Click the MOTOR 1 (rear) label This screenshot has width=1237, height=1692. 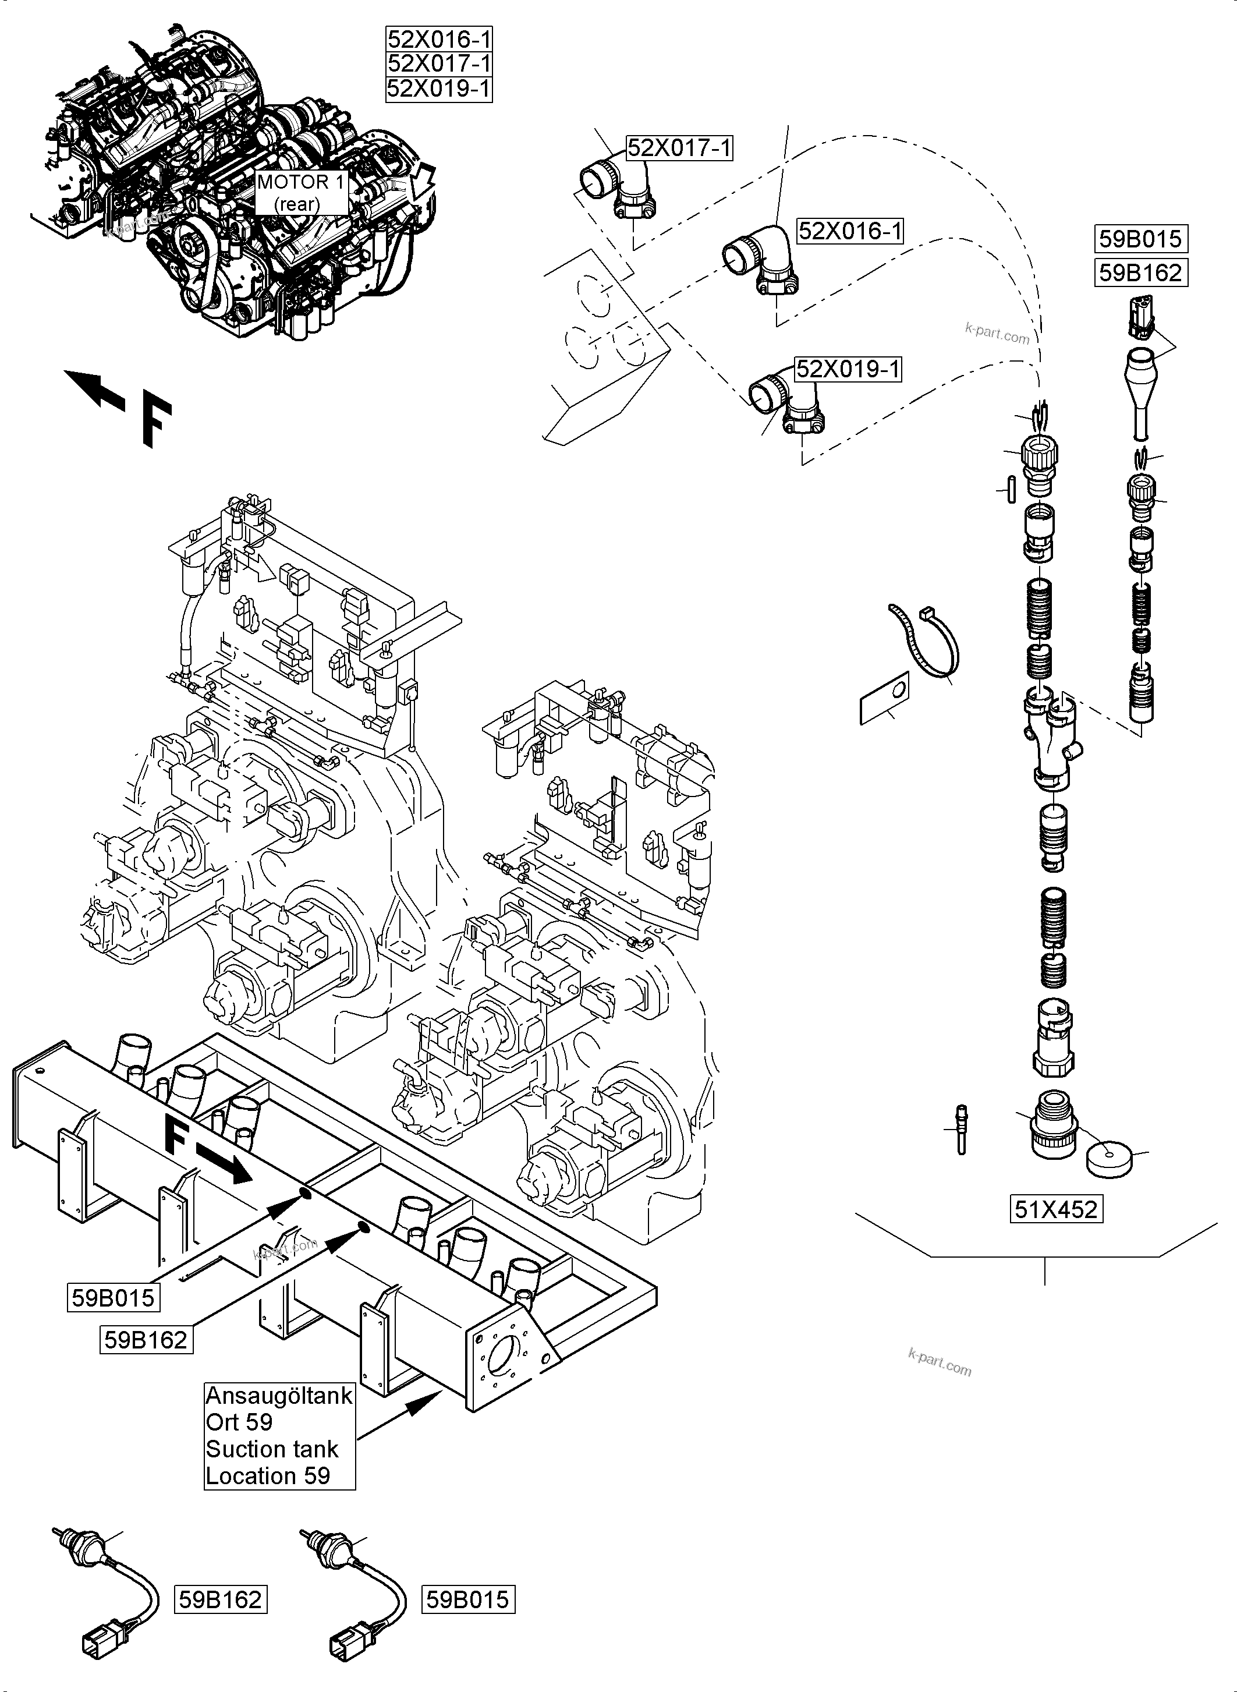point(300,193)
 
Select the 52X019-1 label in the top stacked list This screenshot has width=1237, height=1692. point(439,89)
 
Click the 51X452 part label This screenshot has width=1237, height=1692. point(1056,1209)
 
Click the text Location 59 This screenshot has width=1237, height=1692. point(267,1475)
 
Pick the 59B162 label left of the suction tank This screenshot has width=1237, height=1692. point(146,1339)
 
